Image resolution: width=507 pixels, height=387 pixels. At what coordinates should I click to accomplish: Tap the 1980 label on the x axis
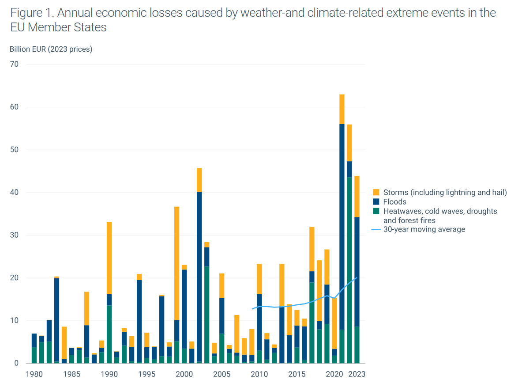click(x=34, y=374)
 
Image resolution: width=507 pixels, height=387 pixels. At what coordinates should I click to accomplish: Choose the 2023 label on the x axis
click(x=357, y=374)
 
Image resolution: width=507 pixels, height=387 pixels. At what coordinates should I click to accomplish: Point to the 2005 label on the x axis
click(x=222, y=374)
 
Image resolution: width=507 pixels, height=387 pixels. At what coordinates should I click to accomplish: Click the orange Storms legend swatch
click(x=376, y=192)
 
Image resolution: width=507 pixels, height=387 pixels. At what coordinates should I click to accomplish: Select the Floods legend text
click(x=394, y=201)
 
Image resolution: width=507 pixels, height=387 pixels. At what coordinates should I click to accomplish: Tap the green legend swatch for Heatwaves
click(x=376, y=211)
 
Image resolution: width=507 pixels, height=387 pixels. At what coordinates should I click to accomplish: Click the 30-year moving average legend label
click(x=424, y=229)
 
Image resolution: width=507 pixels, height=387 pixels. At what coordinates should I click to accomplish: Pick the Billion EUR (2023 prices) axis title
click(x=51, y=49)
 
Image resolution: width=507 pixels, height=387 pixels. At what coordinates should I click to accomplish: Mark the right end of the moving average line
click(x=357, y=277)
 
